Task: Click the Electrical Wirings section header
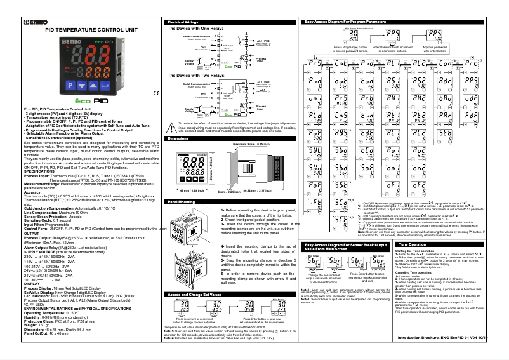coord(182,22)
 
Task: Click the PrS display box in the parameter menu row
coord(314,63)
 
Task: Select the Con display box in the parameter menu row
coord(445,63)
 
